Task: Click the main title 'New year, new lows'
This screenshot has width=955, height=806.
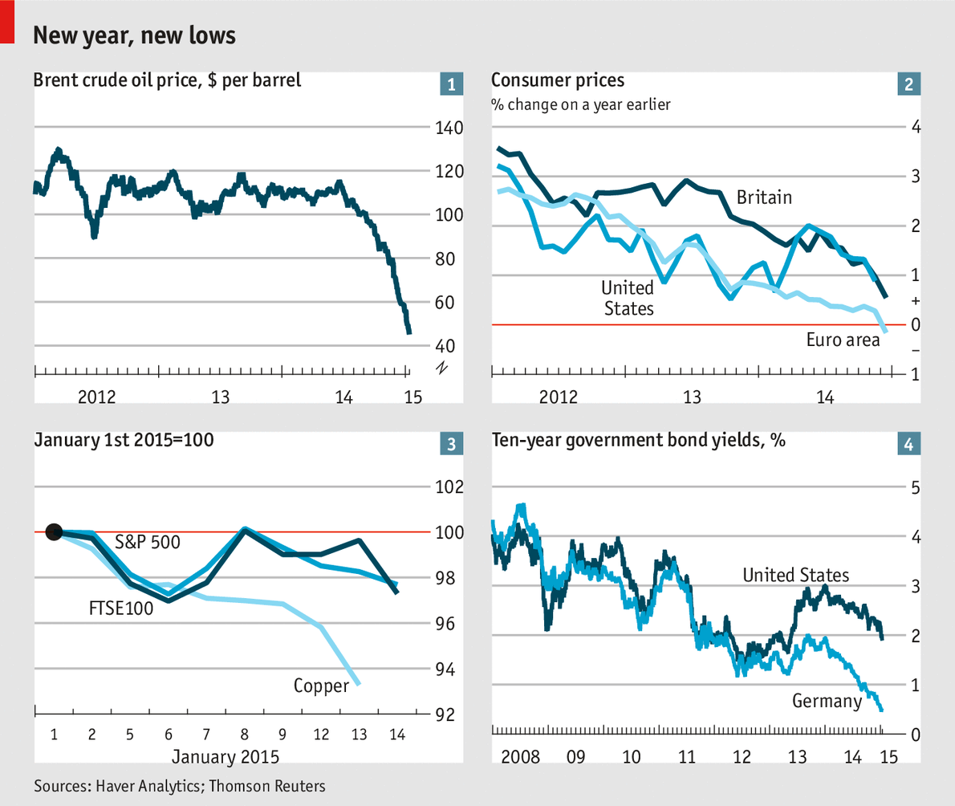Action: tap(133, 35)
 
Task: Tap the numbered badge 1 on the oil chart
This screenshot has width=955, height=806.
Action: tap(452, 83)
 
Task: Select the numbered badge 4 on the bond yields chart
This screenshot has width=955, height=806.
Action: tap(908, 443)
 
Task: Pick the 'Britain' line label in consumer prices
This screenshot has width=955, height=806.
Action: tap(764, 197)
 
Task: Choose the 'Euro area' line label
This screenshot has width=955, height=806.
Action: tap(843, 340)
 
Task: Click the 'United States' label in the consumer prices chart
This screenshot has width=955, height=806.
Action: tap(628, 298)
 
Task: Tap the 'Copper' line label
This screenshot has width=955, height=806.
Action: tap(321, 686)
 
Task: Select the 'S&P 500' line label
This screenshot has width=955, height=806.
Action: tap(148, 542)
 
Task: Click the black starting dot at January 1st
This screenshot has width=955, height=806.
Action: tap(54, 531)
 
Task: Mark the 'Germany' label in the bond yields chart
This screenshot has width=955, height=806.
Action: tap(827, 701)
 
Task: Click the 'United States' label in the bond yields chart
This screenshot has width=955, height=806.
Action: tap(795, 575)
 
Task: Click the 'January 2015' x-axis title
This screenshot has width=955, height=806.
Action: tap(226, 757)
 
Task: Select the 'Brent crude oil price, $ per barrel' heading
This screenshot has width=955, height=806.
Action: tap(168, 80)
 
